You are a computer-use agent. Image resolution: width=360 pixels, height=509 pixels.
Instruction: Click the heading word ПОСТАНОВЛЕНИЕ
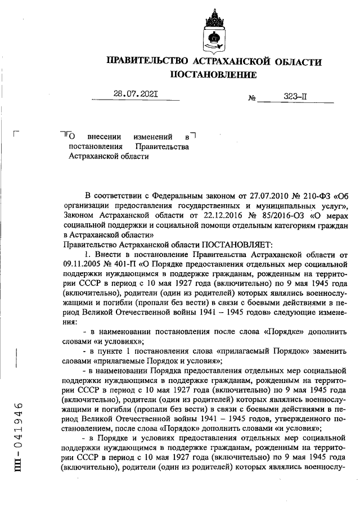coord(213,74)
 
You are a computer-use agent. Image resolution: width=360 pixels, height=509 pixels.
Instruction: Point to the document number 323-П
coord(295,96)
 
